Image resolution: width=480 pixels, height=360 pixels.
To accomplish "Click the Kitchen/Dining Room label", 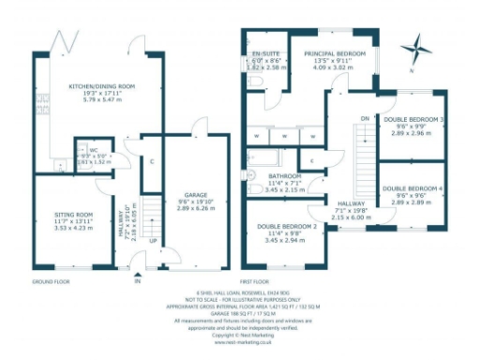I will click(x=102, y=86).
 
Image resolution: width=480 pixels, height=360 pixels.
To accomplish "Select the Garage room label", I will click(x=195, y=197).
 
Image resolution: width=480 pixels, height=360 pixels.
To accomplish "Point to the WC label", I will click(x=93, y=151).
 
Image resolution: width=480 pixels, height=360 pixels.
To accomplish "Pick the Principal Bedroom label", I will click(x=334, y=55).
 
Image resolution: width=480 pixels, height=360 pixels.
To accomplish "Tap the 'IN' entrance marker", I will click(x=137, y=279).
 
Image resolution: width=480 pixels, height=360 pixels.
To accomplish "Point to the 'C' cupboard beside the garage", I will click(x=152, y=160).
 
